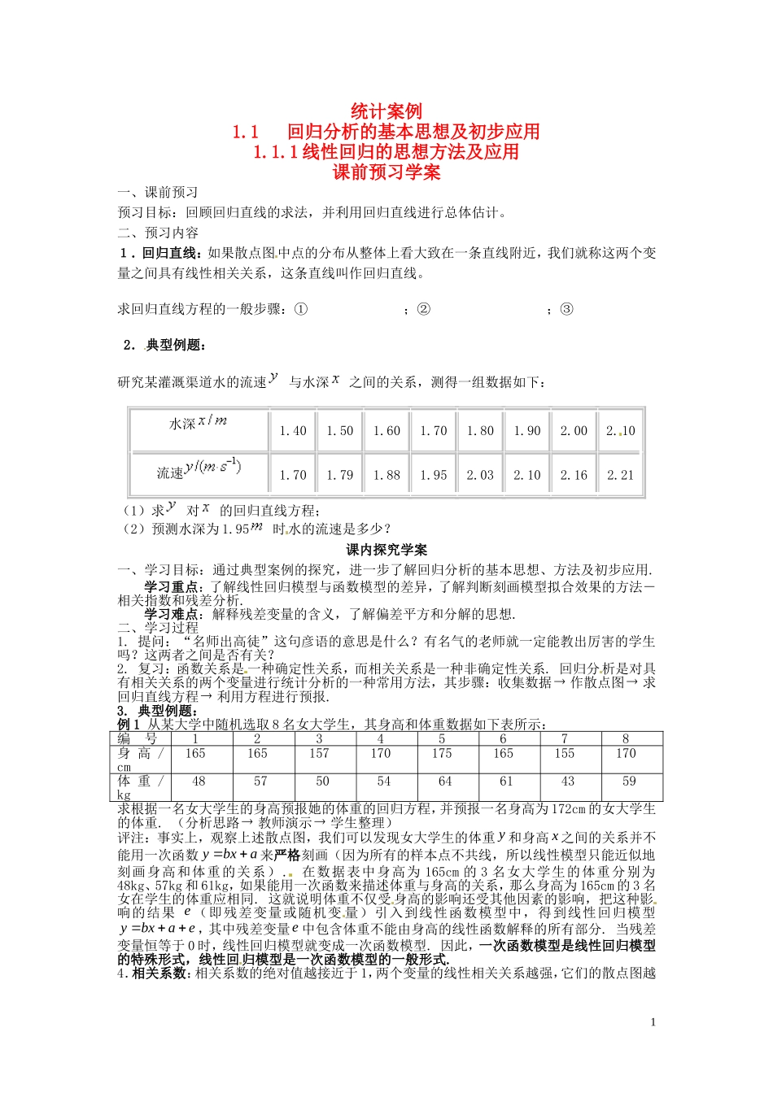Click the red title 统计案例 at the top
[x=386, y=111]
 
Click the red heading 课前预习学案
[x=386, y=172]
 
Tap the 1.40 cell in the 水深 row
[x=293, y=431]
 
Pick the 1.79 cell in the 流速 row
[x=339, y=475]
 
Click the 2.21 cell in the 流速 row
[x=620, y=475]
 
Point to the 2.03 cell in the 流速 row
[x=480, y=475]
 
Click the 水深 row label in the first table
[x=198, y=423]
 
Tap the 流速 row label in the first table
[x=199, y=469]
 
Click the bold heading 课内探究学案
[x=386, y=550]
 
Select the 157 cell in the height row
[x=319, y=753]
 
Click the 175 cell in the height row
[x=442, y=753]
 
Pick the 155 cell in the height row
[x=564, y=753]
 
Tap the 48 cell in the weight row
[x=199, y=781]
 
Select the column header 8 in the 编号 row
[x=625, y=738]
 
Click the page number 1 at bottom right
[x=653, y=1022]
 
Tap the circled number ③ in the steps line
[x=566, y=309]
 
